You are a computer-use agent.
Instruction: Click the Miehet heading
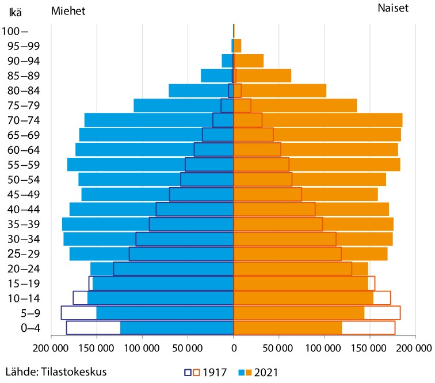68,12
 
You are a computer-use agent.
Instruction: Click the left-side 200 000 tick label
51,348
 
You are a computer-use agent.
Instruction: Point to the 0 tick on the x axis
234,348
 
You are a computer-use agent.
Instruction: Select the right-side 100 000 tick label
325,348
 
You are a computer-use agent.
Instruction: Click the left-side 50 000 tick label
188,348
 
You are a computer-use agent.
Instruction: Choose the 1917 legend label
214,372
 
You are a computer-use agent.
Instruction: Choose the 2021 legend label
266,372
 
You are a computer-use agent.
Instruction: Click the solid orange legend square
249,372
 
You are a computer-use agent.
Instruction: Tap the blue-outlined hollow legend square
188,372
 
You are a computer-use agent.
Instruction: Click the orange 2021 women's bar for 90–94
250,60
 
